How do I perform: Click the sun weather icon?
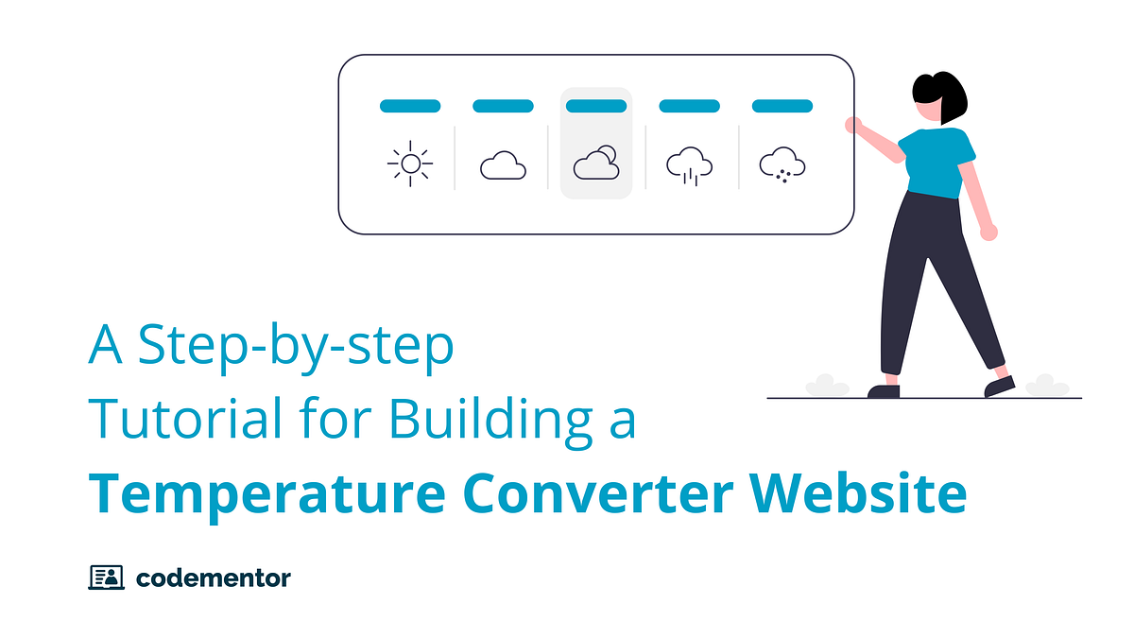click(x=410, y=164)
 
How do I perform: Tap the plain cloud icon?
click(x=503, y=166)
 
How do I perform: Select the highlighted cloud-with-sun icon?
click(x=596, y=164)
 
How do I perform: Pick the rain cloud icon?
click(x=689, y=165)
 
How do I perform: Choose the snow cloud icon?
click(x=782, y=165)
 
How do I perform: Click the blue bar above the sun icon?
click(x=410, y=106)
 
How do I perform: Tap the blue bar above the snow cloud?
click(x=782, y=106)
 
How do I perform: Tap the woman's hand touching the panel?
click(x=853, y=125)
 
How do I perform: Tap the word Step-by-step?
click(x=295, y=348)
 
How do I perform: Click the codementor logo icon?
click(x=106, y=577)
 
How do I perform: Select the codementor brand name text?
click(x=213, y=577)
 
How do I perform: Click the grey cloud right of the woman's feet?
click(x=1047, y=385)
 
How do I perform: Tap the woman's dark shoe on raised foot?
click(x=999, y=386)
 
